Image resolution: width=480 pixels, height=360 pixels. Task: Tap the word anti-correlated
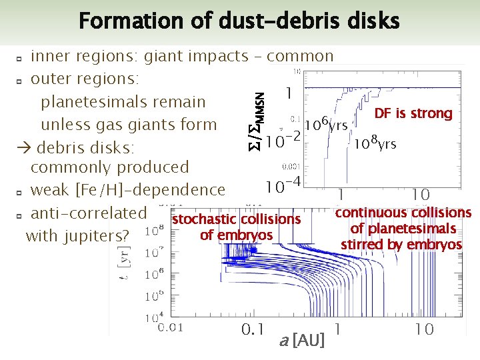point(89,213)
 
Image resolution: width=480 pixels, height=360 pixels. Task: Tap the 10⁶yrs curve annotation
point(325,124)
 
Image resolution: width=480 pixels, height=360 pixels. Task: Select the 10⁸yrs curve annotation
point(375,143)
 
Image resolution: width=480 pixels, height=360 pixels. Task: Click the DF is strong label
point(413,113)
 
